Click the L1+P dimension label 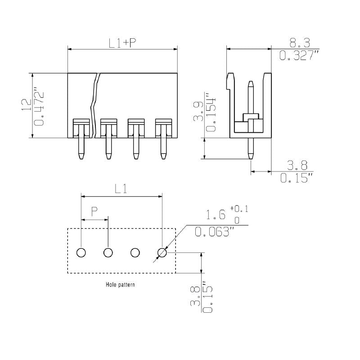[122, 43]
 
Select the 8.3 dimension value [299, 43]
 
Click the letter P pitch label [94, 211]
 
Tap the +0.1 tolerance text [238, 209]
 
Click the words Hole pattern [120, 284]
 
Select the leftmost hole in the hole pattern [81, 253]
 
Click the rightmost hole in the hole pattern [162, 253]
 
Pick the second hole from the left [108, 253]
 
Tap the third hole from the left [135, 253]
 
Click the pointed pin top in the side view [251, 83]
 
